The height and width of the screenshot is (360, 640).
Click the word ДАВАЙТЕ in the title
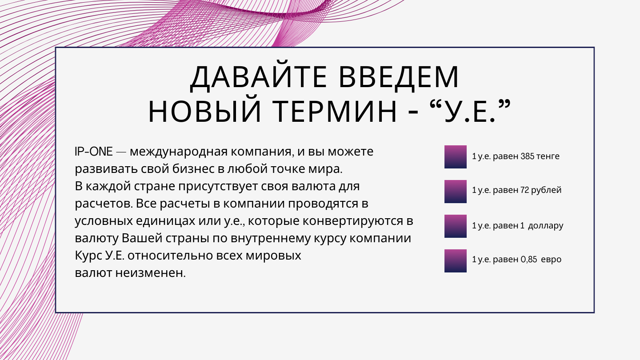(258, 77)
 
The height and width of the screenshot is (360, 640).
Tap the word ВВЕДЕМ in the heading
(399, 77)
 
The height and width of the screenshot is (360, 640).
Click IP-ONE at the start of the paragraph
(94, 152)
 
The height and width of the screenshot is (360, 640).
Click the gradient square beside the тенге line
(456, 157)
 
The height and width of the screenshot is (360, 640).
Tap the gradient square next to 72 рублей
(456, 192)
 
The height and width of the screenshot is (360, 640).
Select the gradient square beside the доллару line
(456, 226)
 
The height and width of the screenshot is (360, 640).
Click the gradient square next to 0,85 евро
(456, 260)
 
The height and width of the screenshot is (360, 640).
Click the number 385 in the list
(527, 156)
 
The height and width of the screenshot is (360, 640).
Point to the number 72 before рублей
(524, 190)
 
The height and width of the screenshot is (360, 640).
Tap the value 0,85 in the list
(529, 260)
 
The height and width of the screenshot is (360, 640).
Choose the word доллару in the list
(546, 226)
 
